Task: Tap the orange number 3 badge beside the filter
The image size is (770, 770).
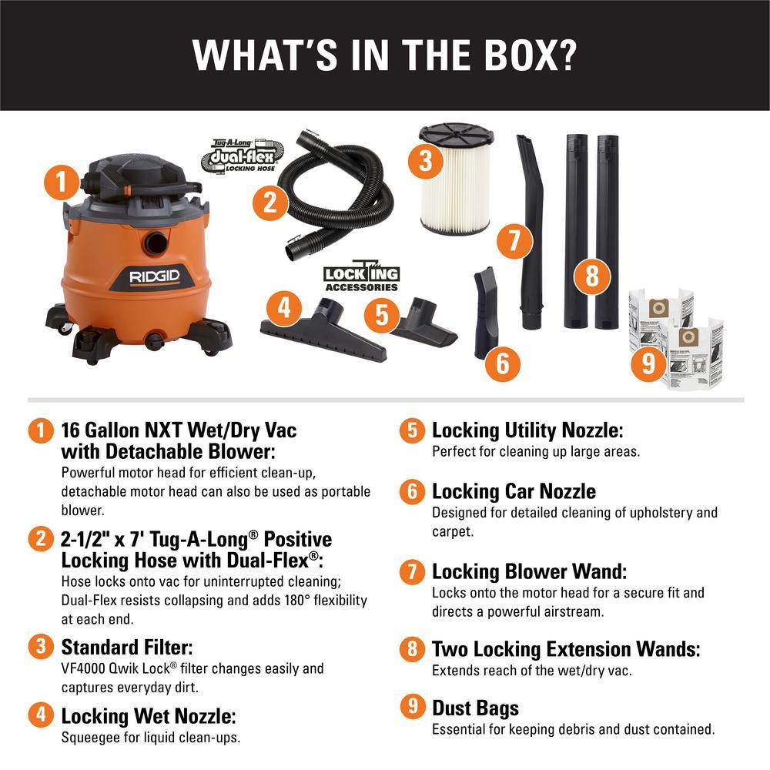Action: click(425, 161)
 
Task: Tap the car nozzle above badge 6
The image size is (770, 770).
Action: click(488, 308)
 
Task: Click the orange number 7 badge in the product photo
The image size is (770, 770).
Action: click(514, 241)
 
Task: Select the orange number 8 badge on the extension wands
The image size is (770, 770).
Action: click(591, 276)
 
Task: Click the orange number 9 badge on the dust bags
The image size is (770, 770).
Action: click(648, 363)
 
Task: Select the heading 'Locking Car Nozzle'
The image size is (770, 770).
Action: click(514, 491)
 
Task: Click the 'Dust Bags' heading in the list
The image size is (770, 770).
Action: click(475, 708)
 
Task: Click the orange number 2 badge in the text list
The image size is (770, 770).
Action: click(36, 538)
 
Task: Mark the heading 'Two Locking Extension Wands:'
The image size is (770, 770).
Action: click(566, 650)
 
